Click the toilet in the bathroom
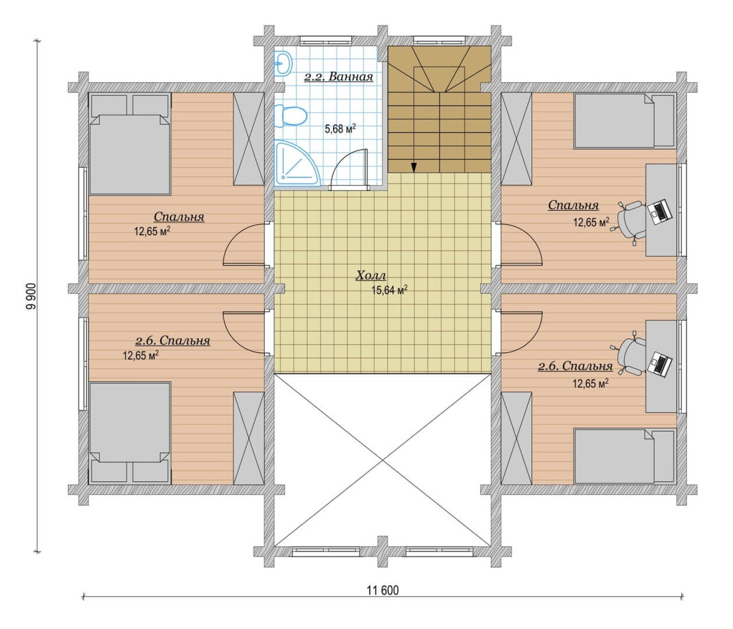tap(291, 116)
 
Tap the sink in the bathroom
tap(283, 64)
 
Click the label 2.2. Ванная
tap(339, 77)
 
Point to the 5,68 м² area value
tap(340, 128)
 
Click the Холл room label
tap(371, 275)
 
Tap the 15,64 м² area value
tap(389, 290)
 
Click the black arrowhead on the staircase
tap(414, 167)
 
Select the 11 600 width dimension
tap(382, 590)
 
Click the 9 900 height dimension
tap(31, 296)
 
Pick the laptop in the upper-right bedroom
tap(660, 211)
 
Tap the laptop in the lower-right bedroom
tap(660, 364)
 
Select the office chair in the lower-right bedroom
tap(630, 355)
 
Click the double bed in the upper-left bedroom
tap(129, 144)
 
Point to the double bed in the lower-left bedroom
tap(129, 433)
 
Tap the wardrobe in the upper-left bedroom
tap(249, 139)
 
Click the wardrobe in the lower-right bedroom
tap(517, 438)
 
